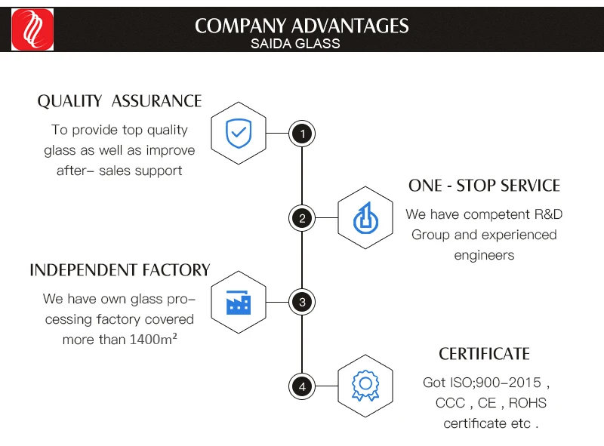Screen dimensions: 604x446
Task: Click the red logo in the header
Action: tap(32, 30)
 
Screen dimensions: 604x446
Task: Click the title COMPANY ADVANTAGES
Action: tap(302, 26)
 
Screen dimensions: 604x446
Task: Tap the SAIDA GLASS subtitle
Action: tap(295, 44)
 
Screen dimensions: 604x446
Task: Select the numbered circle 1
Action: tap(302, 134)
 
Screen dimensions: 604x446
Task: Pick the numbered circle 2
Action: tap(302, 219)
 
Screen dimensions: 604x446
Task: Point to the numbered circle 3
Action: tap(302, 303)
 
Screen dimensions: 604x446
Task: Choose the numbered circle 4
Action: tap(302, 387)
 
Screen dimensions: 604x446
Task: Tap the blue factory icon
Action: tap(239, 303)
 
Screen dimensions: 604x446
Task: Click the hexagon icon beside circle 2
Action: tap(365, 219)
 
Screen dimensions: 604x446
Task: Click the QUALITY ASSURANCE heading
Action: tap(120, 101)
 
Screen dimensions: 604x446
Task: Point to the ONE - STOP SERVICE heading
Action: tap(484, 186)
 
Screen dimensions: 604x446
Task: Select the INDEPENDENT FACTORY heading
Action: tap(119, 270)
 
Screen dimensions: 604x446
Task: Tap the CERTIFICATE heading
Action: tap(484, 354)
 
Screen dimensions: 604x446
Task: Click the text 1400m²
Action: tap(153, 340)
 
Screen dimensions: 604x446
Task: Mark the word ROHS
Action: tap(527, 403)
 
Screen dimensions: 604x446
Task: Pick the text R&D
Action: tap(547, 214)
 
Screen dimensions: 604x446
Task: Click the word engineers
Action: tap(484, 255)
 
